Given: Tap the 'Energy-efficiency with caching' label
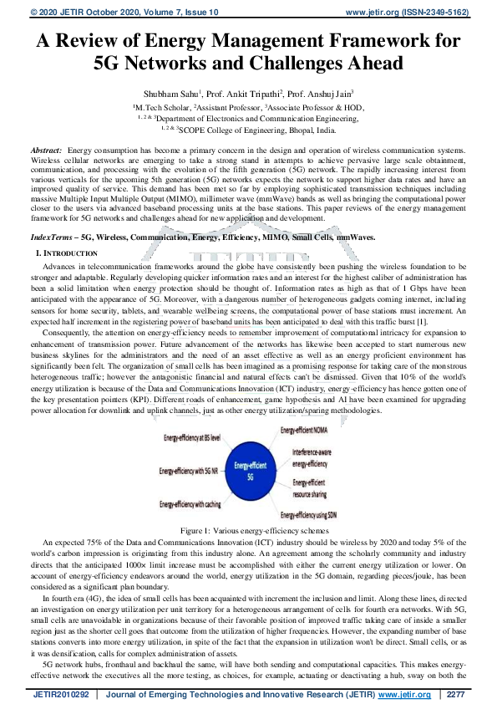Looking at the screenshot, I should [x=189, y=504].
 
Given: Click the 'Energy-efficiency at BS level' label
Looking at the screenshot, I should [x=192, y=437].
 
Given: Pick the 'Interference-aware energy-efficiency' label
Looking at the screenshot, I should [x=310, y=457].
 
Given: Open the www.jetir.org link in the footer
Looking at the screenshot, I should [x=405, y=694].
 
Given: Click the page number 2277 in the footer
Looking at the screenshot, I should [x=454, y=694].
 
